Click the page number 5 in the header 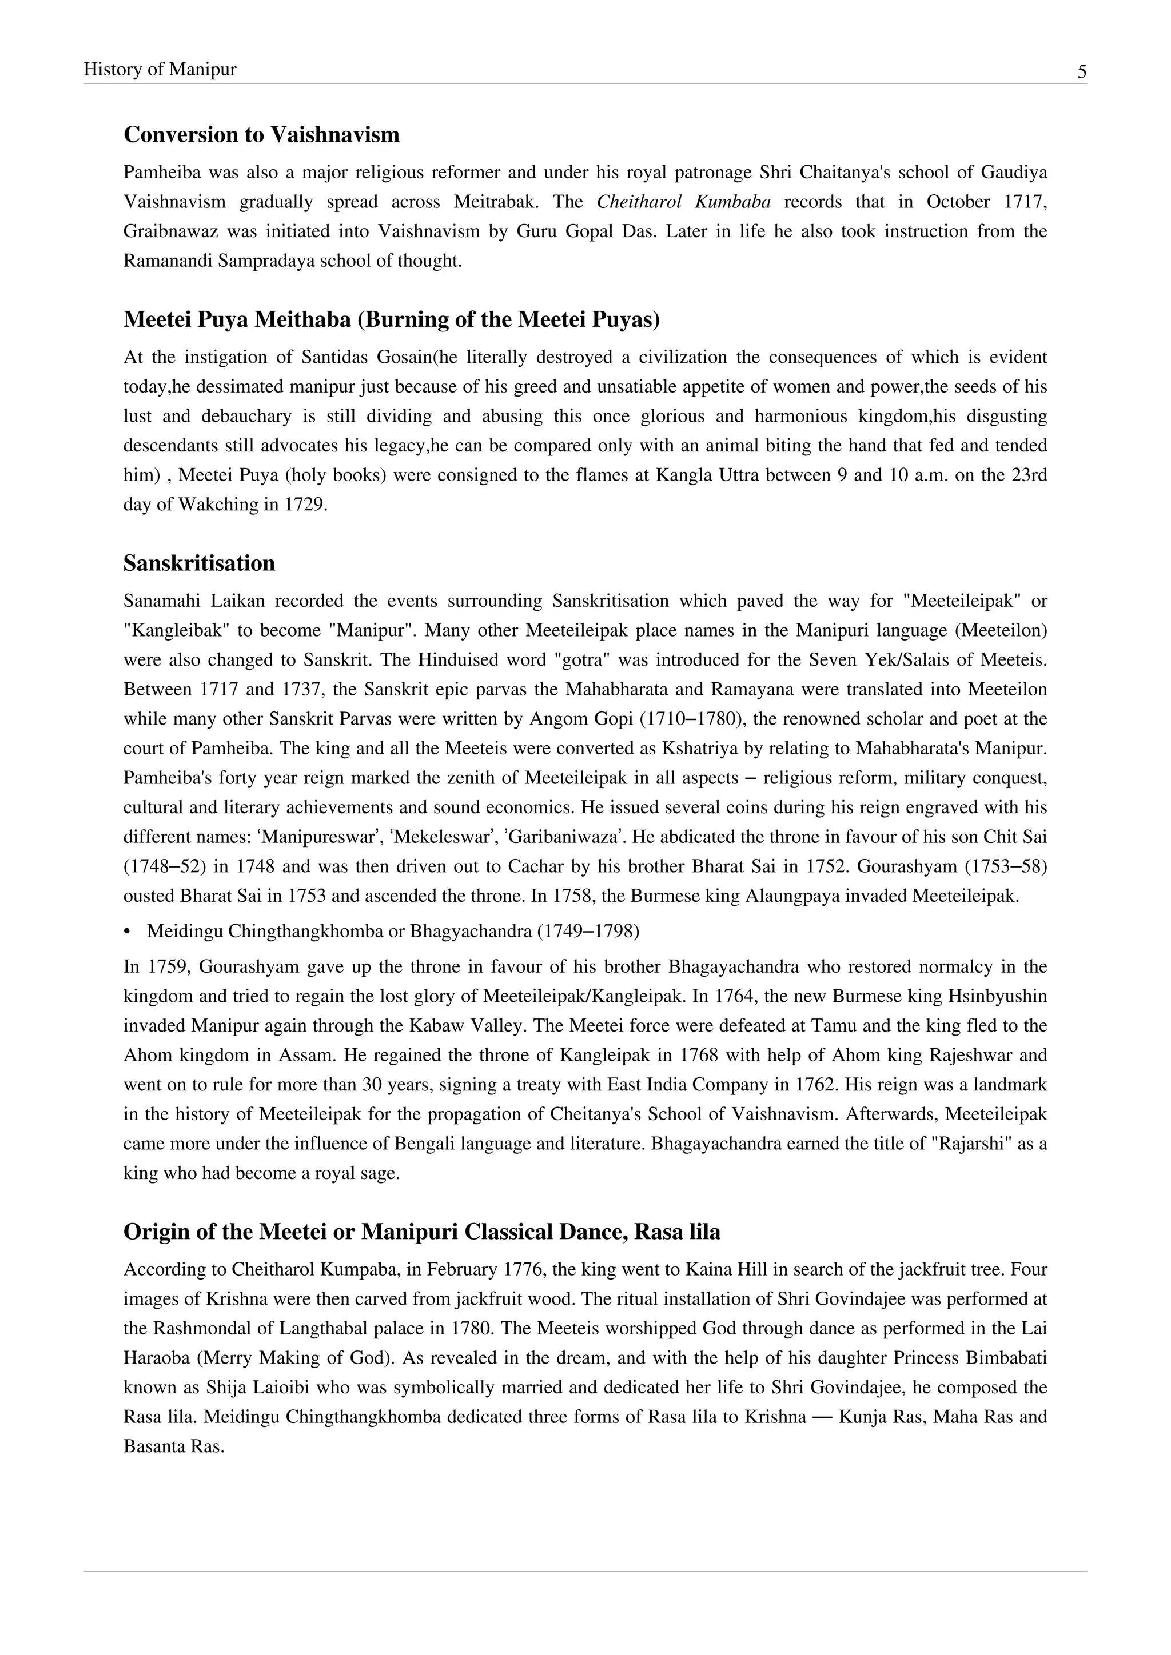(x=1082, y=72)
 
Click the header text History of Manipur (x=160, y=69)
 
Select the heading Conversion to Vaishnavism (x=261, y=135)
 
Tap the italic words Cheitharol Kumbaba (x=684, y=202)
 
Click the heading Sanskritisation (x=199, y=563)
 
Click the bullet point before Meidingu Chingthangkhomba (x=127, y=932)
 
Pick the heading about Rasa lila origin (x=422, y=1232)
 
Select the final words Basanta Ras (x=173, y=1446)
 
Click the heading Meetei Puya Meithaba (x=392, y=319)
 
